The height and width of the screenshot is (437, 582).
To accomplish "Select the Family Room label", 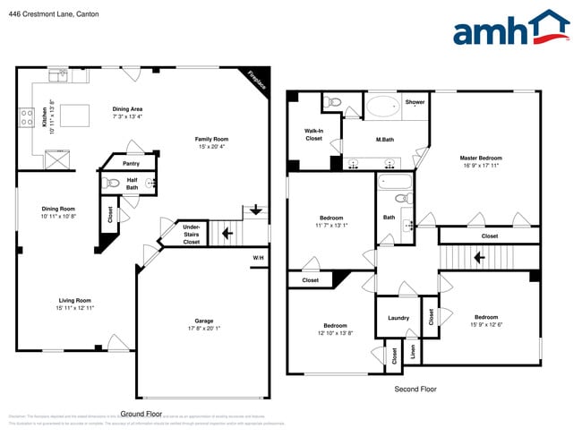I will click(212, 139).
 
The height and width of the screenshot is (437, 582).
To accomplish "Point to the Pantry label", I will click(131, 164).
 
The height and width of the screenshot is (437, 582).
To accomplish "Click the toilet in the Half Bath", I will click(113, 184).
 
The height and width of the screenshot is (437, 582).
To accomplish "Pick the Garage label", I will click(203, 321).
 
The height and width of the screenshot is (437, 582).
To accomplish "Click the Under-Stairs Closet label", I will click(192, 235).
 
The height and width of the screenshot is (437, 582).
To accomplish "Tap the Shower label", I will click(415, 102).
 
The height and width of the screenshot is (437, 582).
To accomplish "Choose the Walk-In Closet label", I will click(313, 134).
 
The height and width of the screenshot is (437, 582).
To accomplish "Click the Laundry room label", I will click(398, 318).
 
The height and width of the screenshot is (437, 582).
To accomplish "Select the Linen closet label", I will click(413, 352).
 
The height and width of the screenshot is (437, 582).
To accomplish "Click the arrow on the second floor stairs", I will click(479, 257).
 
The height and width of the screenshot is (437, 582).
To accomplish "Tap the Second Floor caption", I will click(415, 390).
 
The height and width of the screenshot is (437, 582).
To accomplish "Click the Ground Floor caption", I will click(141, 414).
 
